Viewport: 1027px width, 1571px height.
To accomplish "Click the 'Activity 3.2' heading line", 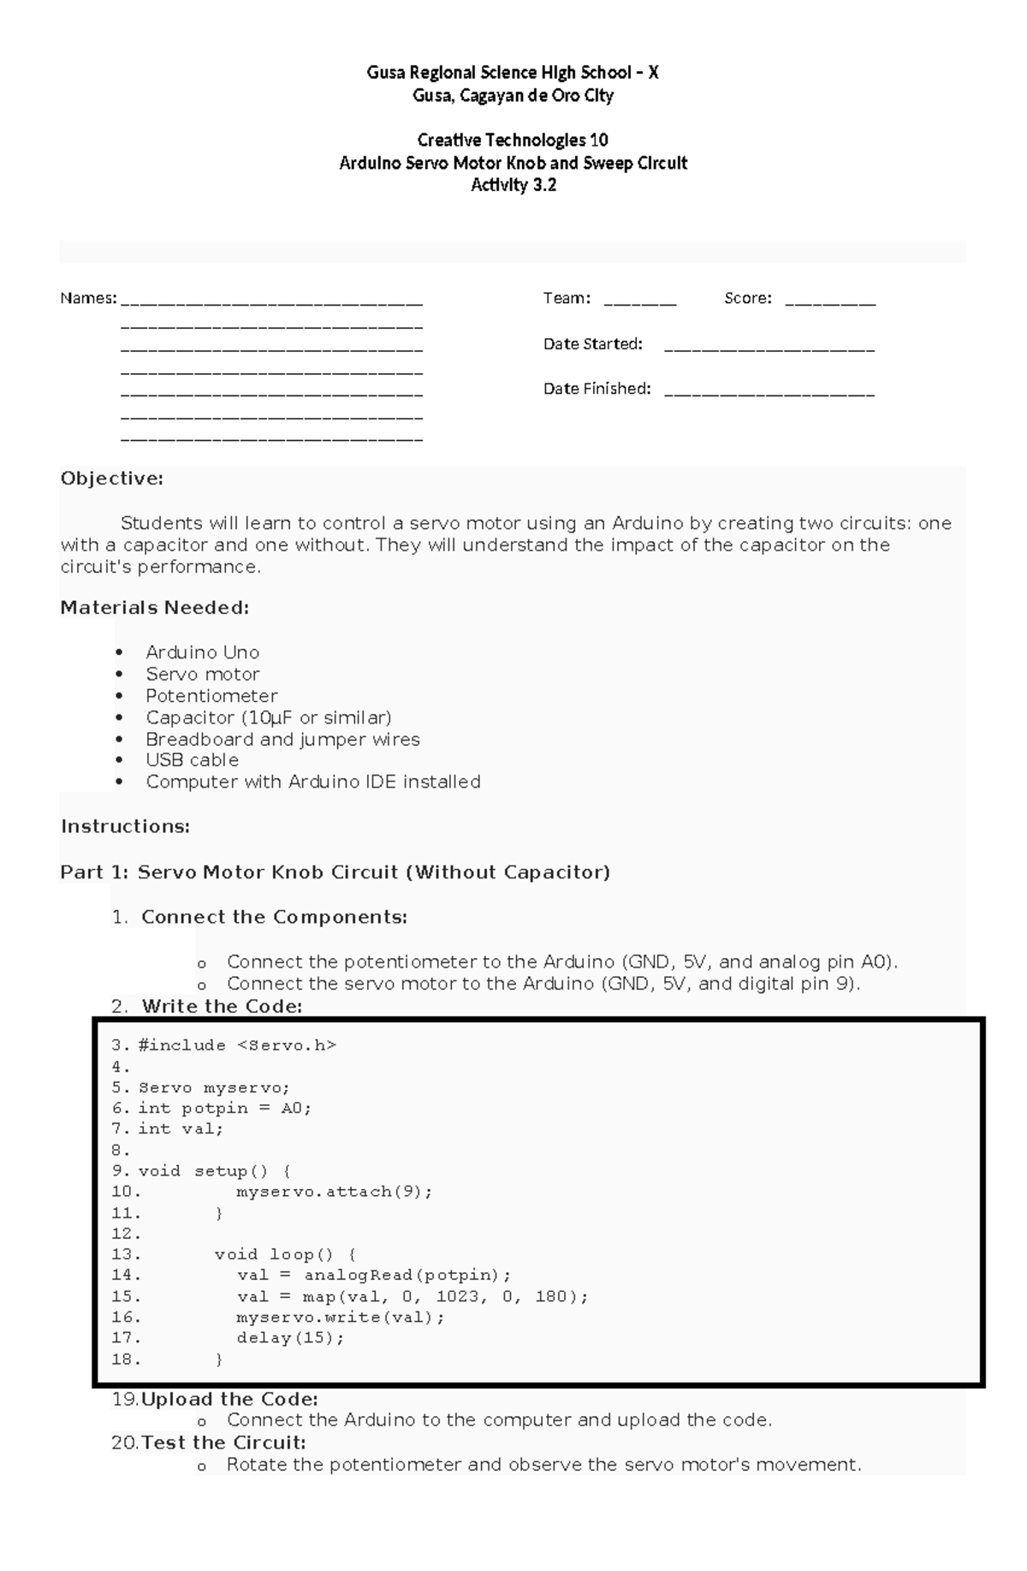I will pyautogui.click(x=513, y=185).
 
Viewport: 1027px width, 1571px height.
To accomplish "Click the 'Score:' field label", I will pyautogui.click(x=747, y=299).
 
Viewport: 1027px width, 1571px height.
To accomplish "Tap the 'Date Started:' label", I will pyautogui.click(x=592, y=344).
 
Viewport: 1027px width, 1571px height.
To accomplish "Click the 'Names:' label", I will pyautogui.click(x=88, y=299).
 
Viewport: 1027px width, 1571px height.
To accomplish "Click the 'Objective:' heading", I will pyautogui.click(x=111, y=479).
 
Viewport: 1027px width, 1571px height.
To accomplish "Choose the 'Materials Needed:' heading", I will pyautogui.click(x=154, y=608).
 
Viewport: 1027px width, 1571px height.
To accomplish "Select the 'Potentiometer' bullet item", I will pyautogui.click(x=211, y=696).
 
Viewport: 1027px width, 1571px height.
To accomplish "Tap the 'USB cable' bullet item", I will pyautogui.click(x=192, y=760).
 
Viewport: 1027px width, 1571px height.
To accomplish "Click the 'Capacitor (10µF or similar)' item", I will pyautogui.click(x=268, y=717).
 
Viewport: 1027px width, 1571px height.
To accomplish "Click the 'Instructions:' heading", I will pyautogui.click(x=125, y=827).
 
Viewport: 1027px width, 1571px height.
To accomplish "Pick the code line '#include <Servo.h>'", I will pyautogui.click(x=237, y=1045).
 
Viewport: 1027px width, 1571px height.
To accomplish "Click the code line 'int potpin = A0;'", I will pyautogui.click(x=224, y=1109).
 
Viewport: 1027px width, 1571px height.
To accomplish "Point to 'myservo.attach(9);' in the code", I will pyautogui.click(x=335, y=1192).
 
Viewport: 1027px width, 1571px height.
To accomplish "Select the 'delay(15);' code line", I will pyautogui.click(x=290, y=1338).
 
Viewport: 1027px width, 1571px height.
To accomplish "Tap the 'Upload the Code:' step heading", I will pyautogui.click(x=229, y=1400).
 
